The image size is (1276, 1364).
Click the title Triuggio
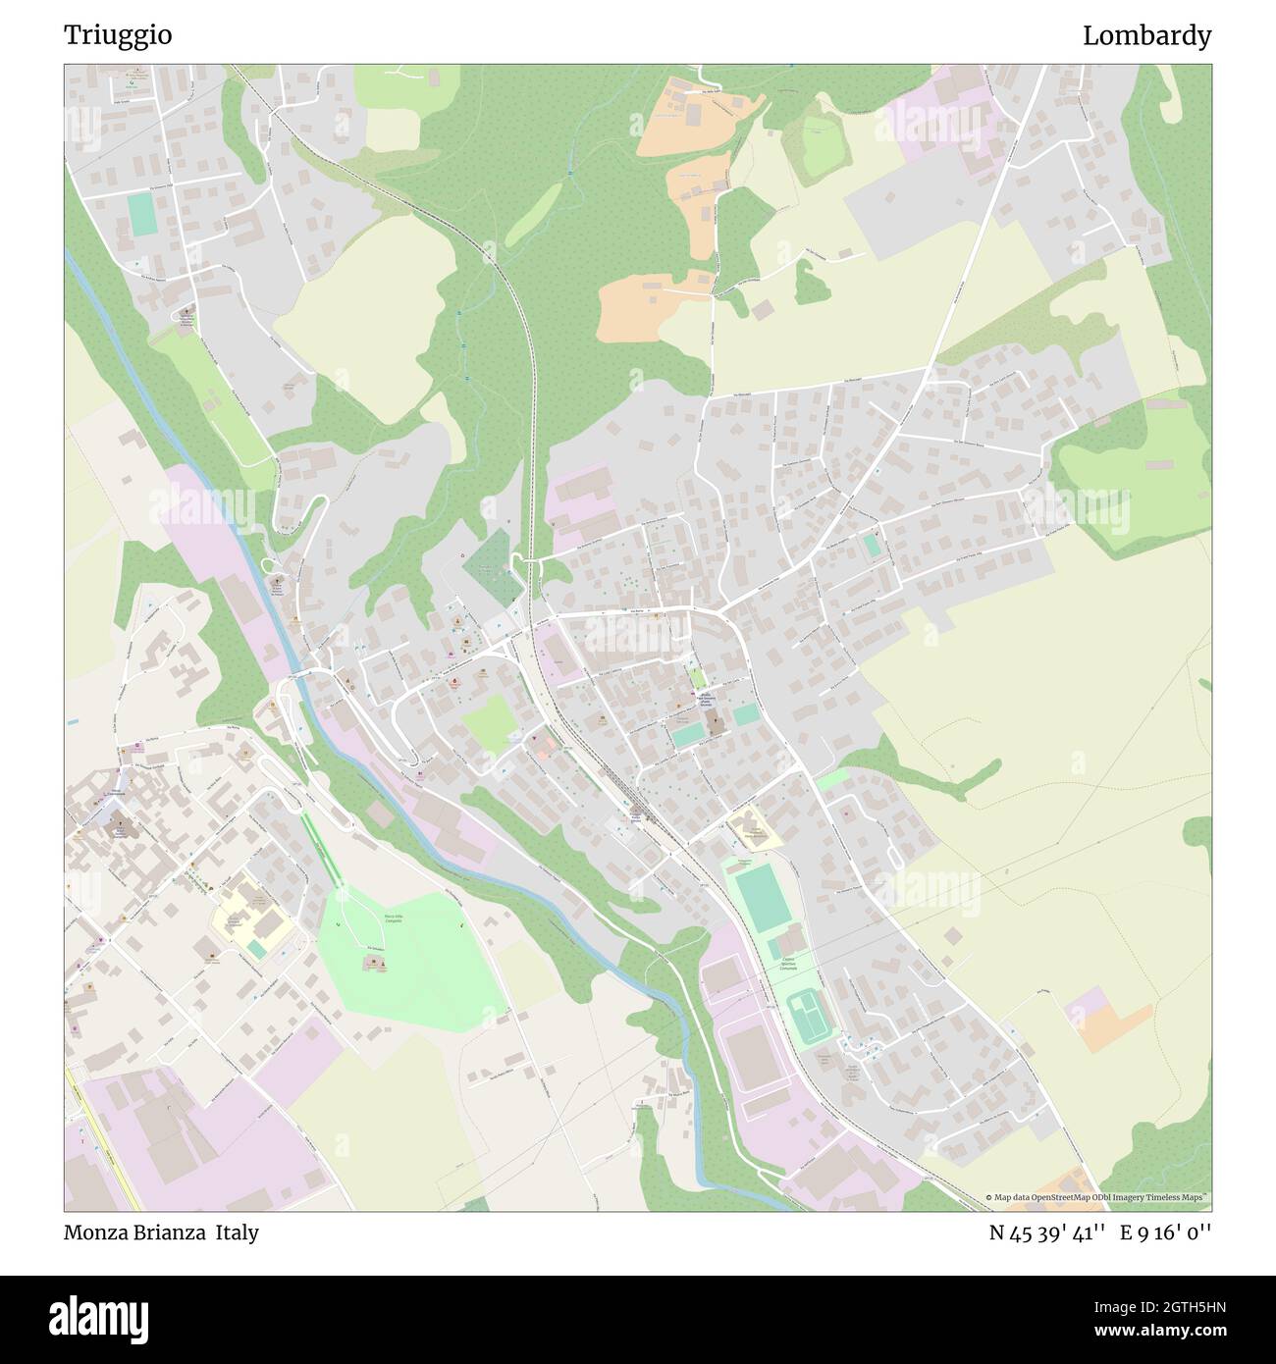[x=118, y=35]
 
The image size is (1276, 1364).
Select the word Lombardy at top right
[x=1146, y=35]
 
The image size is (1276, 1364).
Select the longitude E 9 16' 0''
[x=1168, y=1233]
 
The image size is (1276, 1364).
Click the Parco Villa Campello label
[x=393, y=919]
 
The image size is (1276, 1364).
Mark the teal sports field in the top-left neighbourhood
[x=142, y=214]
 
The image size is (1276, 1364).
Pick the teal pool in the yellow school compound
[x=257, y=949]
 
